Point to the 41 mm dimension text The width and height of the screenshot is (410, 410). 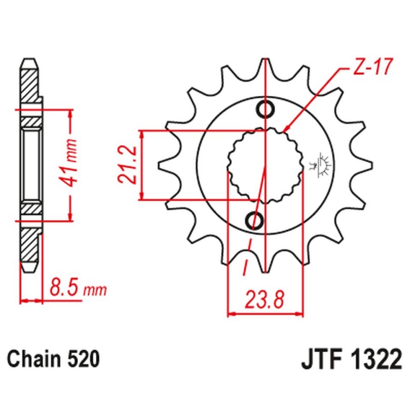pos(72,165)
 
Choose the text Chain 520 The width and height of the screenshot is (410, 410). pos(53,358)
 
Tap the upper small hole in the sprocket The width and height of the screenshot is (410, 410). pos(266,109)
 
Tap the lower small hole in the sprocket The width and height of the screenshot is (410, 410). pos(255,220)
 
